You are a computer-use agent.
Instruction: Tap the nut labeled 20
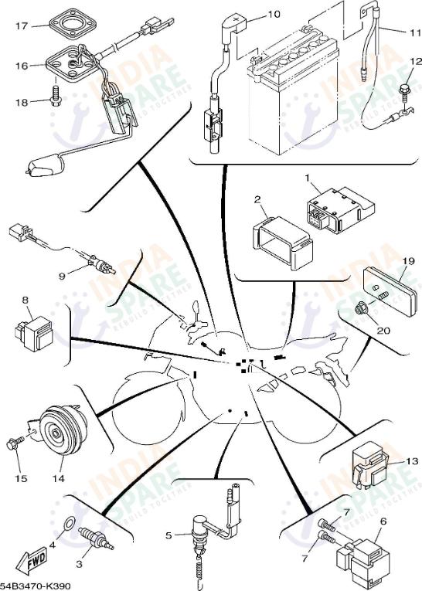[x=360, y=311]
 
